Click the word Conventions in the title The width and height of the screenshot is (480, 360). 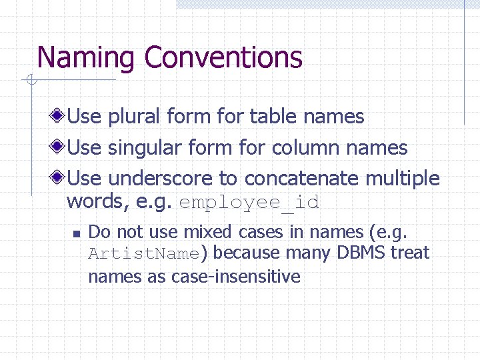click(x=223, y=58)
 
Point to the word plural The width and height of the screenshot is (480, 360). click(x=133, y=117)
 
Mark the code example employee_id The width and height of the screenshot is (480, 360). click(x=249, y=203)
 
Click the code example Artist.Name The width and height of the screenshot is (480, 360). click(x=144, y=254)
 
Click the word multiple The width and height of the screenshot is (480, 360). click(x=403, y=179)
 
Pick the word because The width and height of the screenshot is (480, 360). click(x=246, y=253)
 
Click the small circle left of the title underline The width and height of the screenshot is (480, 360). click(x=31, y=81)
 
